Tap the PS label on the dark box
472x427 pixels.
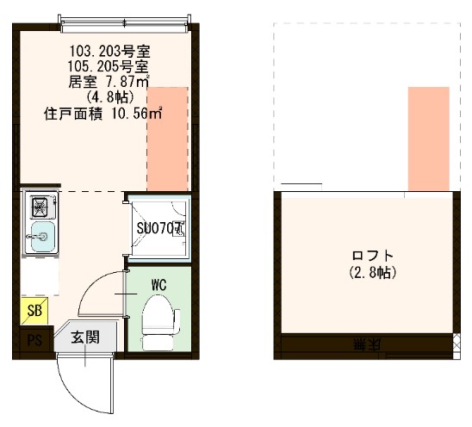[35, 339]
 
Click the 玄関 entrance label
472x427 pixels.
[84, 337]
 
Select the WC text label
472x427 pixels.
[158, 283]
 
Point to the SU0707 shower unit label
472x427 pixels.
[160, 229]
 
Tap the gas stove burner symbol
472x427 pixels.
[40, 207]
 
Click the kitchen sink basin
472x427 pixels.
[40, 237]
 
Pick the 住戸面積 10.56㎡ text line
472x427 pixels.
[103, 113]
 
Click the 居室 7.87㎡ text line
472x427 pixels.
[109, 82]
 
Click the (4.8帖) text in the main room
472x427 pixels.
[109, 96]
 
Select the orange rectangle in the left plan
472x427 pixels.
[167, 138]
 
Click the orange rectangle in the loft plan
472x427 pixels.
[428, 138]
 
